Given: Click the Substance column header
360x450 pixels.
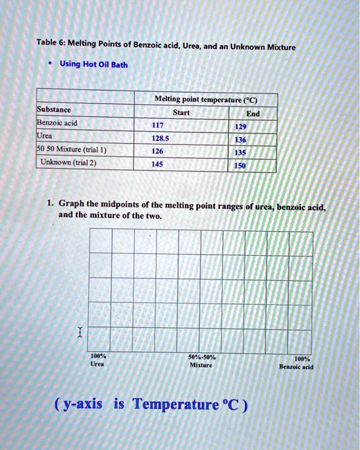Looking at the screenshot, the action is coord(54,110).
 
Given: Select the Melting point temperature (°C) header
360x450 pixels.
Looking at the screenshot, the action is coord(206,100).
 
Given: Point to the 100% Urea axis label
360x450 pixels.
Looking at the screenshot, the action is coord(99,359).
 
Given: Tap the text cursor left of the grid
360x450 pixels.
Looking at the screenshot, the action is coord(79,332).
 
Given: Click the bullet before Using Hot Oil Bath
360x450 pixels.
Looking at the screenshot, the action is coord(49,64).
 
